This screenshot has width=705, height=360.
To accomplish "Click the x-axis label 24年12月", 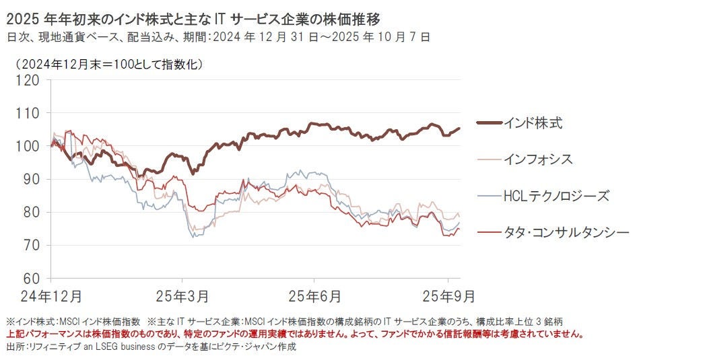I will tap(51, 295).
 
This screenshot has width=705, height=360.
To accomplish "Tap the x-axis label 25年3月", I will tap(182, 295).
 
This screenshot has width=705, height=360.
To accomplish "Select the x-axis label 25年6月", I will tap(314, 295).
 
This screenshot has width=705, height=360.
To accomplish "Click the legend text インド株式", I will tap(532, 123).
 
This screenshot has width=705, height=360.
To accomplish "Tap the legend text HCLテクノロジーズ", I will tap(556, 196).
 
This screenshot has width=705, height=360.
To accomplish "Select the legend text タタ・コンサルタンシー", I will tap(566, 232).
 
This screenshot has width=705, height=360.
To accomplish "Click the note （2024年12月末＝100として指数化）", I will tap(105, 65).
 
